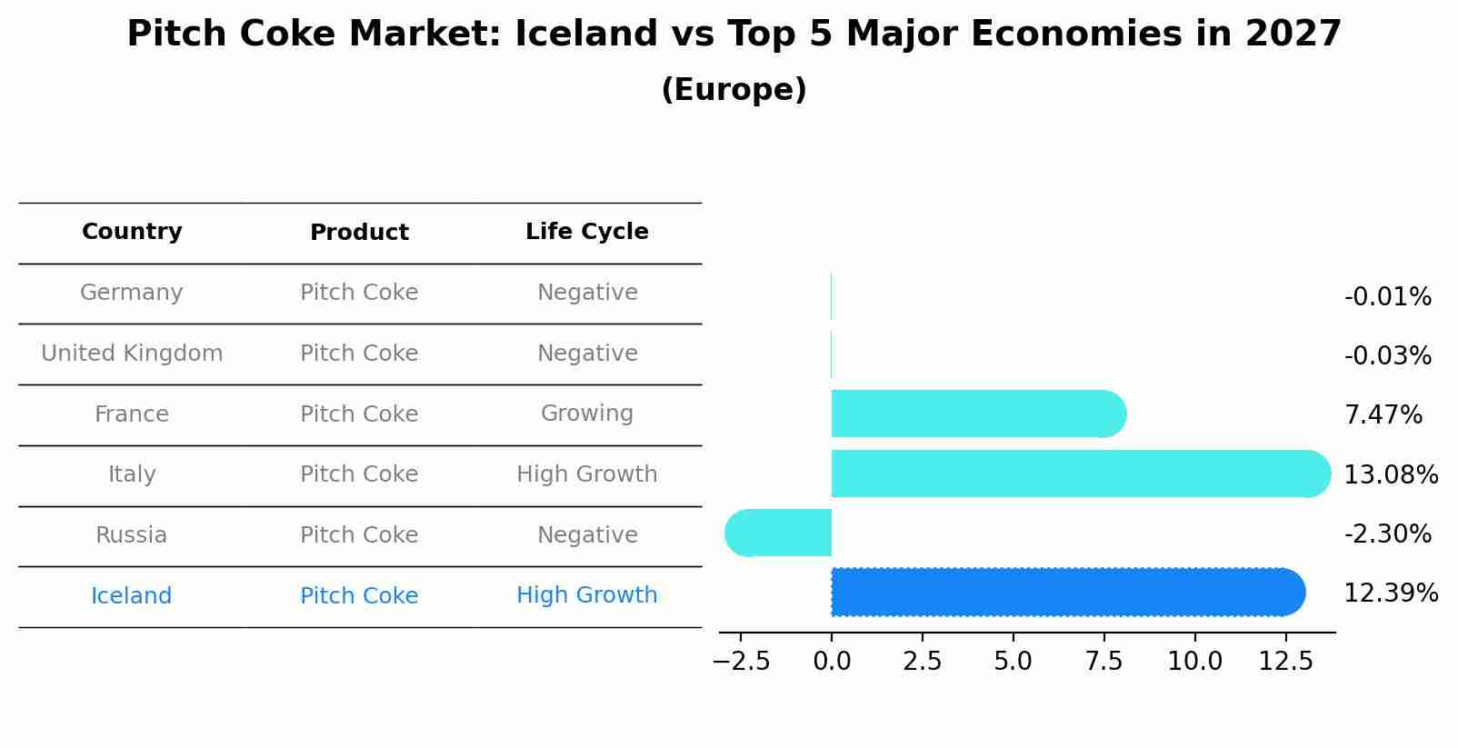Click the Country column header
[132, 232]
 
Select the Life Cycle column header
[586, 232]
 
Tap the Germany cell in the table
[132, 293]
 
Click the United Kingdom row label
[132, 354]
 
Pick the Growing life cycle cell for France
[586, 414]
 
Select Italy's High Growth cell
[586, 474]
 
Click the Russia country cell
[132, 535]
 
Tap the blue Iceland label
[132, 596]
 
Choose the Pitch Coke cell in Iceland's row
[359, 596]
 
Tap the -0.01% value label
[1387, 297]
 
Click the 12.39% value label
[1390, 593]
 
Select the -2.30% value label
[1387, 534]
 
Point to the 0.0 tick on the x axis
[832, 662]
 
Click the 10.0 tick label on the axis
[1194, 662]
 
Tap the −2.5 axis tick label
[742, 662]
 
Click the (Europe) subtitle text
[734, 90]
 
